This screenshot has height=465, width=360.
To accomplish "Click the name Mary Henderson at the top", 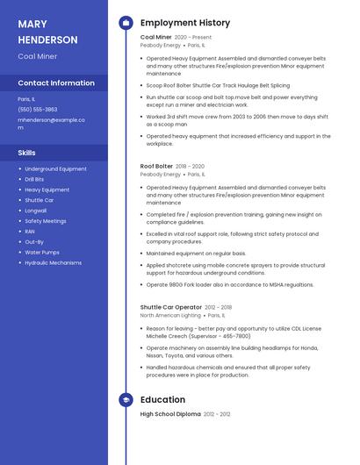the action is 47,32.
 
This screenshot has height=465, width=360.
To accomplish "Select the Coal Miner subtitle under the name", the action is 38,56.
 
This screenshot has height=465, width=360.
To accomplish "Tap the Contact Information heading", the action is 56,83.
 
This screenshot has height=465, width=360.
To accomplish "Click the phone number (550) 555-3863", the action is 38,109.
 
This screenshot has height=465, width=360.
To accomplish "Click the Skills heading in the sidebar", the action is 26,153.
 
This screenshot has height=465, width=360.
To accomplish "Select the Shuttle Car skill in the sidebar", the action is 40,200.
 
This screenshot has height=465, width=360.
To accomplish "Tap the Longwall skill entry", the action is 36,211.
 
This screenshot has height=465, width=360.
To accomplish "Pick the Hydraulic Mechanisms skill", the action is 54,262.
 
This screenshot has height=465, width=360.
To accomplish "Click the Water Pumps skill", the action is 42,252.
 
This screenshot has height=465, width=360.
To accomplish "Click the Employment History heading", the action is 185,23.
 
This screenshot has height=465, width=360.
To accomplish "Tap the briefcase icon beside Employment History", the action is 126,23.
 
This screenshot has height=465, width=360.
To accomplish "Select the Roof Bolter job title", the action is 156,166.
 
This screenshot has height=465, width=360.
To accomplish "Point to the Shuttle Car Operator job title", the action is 170,307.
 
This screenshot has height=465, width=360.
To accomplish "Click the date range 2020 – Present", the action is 193,38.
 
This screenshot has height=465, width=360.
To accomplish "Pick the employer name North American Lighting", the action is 171,315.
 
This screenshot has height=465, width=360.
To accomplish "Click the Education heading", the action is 162,399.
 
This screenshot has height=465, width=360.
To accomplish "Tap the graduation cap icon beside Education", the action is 126,399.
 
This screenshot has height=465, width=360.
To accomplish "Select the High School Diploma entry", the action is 170,413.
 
